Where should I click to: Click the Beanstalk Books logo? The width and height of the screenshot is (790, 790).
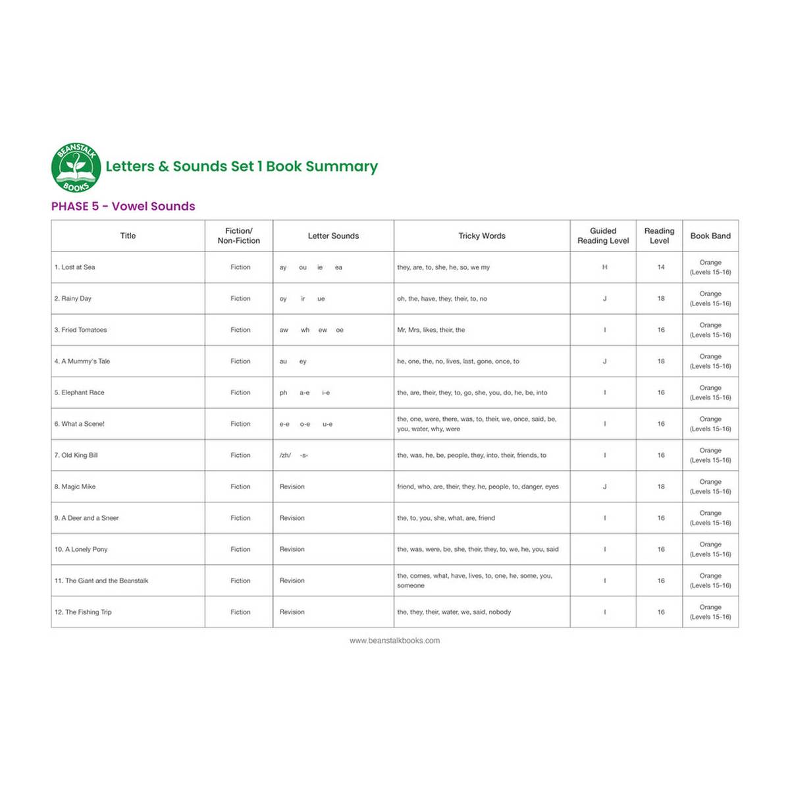click(76, 167)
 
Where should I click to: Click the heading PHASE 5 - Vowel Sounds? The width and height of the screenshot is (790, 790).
click(123, 206)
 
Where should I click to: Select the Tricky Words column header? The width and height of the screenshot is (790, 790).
click(482, 236)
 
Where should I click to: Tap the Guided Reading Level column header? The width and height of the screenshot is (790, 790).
click(603, 236)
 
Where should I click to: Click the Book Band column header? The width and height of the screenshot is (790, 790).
click(710, 236)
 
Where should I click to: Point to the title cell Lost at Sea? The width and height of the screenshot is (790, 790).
click(75, 267)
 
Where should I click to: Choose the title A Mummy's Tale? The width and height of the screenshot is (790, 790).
click(82, 361)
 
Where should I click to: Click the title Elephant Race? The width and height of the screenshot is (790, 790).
click(80, 392)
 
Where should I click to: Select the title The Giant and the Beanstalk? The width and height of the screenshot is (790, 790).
click(101, 581)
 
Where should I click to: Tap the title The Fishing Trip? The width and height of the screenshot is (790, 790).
click(83, 612)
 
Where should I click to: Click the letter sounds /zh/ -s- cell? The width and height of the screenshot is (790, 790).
click(294, 456)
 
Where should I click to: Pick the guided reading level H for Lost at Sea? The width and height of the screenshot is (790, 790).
click(604, 267)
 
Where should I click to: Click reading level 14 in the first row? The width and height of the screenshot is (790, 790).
click(660, 267)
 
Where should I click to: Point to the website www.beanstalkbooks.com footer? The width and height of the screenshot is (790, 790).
click(394, 641)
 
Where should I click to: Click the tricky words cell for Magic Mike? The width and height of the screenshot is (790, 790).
click(477, 487)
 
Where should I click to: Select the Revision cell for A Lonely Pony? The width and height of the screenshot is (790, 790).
click(292, 549)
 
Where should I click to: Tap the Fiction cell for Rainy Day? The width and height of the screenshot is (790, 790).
click(240, 299)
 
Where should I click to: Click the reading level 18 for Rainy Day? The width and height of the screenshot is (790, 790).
click(660, 299)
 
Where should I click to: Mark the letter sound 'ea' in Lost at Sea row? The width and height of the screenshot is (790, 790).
click(338, 267)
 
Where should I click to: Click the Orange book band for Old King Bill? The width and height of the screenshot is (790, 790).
click(710, 455)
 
